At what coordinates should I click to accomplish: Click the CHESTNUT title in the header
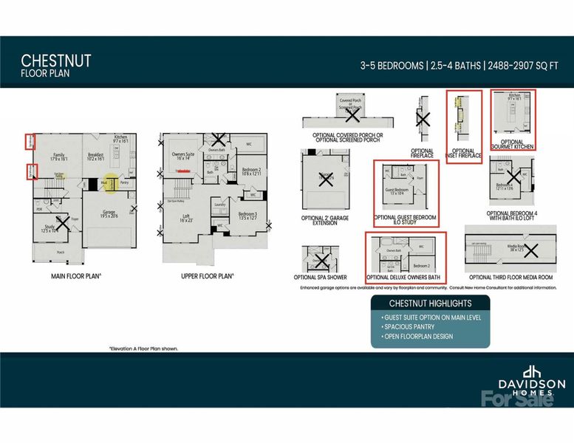coord(56,59)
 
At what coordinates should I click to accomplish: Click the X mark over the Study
coord(63,221)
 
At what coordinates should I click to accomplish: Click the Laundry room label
coord(219,204)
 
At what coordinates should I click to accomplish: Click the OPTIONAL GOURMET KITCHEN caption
coord(512,145)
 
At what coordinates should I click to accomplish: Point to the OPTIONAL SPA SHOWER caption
coord(321,277)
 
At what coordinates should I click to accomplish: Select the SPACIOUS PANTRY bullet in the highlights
coord(407,326)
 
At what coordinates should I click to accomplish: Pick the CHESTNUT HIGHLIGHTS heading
coord(430,303)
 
